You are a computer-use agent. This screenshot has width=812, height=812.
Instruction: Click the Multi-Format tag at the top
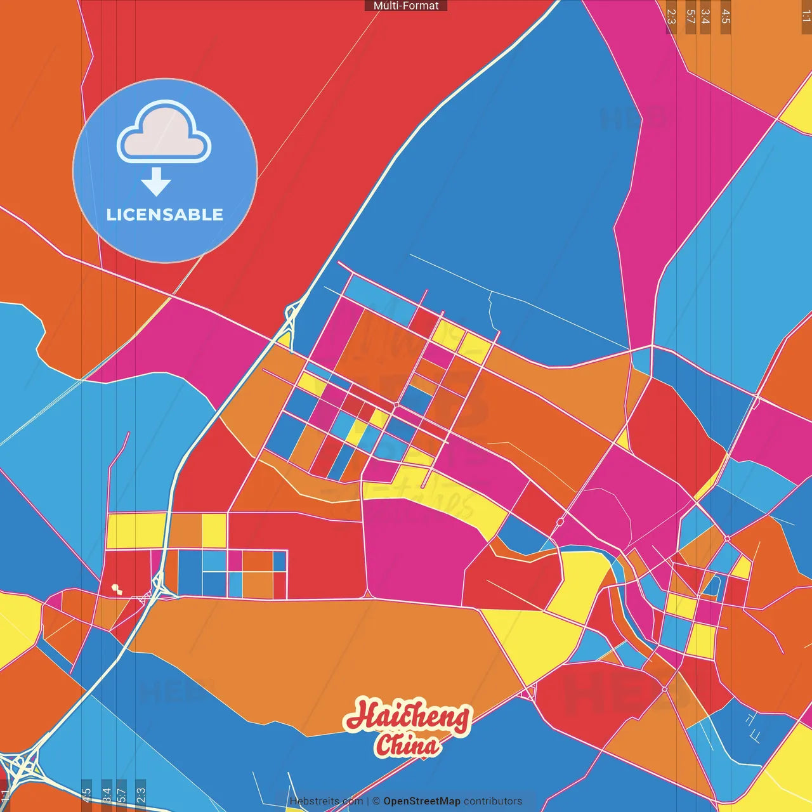point(406,6)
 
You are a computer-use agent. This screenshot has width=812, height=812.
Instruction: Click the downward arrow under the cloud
point(156,181)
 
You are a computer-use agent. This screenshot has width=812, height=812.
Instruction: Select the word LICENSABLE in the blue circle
point(165,214)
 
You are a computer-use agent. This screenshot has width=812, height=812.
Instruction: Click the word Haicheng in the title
point(408,717)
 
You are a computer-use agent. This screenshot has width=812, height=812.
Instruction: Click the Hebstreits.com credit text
point(326,801)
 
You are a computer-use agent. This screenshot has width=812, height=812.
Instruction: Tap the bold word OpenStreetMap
point(422,801)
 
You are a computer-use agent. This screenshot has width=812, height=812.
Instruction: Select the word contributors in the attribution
point(493,801)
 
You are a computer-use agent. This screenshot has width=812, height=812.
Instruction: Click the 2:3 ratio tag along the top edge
point(671,16)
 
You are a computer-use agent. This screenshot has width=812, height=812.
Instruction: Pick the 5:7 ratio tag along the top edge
point(690,16)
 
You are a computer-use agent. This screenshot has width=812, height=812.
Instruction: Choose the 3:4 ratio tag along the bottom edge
point(107,795)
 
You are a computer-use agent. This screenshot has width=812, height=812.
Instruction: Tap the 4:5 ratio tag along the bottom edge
point(86,795)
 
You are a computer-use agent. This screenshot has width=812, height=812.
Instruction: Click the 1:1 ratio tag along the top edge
point(806,15)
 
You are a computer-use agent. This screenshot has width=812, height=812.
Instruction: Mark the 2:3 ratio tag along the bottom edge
point(141,795)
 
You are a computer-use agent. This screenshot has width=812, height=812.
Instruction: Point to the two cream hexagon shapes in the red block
point(116,589)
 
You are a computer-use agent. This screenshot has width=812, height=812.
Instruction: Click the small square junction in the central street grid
point(396,404)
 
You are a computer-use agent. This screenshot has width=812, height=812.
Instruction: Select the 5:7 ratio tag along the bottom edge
point(122,795)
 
